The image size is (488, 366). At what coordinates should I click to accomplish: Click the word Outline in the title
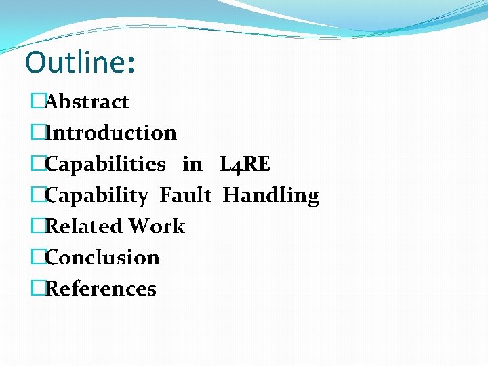74,62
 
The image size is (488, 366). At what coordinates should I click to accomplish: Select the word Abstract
87,102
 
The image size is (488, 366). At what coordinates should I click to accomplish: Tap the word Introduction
110,133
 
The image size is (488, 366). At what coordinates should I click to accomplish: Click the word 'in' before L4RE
192,164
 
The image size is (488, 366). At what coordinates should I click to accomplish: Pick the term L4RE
245,164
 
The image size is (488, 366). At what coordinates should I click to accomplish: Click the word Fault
186,196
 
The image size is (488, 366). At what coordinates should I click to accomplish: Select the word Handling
271,196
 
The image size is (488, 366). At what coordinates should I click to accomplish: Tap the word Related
84,226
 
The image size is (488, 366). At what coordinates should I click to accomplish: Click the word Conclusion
102,258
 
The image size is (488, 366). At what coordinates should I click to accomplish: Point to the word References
100,289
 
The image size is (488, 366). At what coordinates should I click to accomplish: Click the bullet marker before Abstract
37,102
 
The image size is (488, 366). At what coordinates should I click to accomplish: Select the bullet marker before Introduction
37,133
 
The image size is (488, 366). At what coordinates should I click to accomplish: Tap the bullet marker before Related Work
37,226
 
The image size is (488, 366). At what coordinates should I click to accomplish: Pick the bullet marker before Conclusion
37,258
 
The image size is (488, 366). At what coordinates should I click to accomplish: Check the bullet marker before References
37,289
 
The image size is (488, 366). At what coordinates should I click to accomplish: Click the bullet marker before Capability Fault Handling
37,196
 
